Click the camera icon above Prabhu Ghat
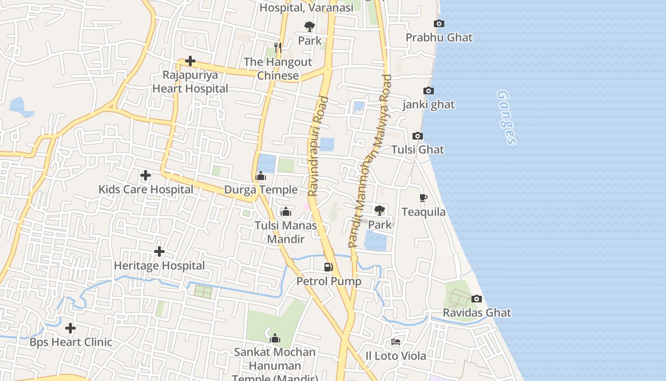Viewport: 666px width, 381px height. (x=439, y=23)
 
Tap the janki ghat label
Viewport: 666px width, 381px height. (x=429, y=104)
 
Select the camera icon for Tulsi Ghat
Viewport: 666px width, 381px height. (x=417, y=136)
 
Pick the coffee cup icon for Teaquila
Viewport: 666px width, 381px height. (x=423, y=198)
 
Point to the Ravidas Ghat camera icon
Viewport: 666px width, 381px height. (x=476, y=299)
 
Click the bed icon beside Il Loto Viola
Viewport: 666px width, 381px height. (x=395, y=342)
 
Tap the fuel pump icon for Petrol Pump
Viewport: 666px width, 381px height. (x=328, y=267)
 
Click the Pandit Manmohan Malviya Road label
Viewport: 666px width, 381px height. (x=370, y=160)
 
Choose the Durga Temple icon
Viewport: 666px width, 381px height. (x=261, y=177)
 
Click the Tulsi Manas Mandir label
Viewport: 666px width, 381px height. (x=285, y=232)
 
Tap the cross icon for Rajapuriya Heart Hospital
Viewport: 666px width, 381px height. (x=190, y=61)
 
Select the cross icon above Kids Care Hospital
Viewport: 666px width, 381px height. (x=146, y=176)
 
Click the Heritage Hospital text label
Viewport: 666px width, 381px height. (x=159, y=265)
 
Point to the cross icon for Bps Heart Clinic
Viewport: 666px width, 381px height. (x=70, y=328)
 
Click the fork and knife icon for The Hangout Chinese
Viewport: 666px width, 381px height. (x=278, y=48)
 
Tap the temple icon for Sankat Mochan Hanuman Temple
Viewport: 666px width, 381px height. (x=274, y=339)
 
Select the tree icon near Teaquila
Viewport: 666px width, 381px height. (x=379, y=210)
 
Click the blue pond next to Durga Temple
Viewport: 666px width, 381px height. (x=266, y=163)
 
